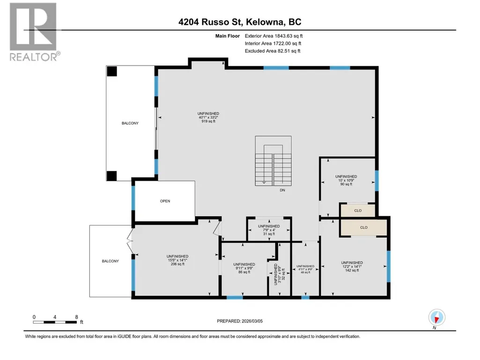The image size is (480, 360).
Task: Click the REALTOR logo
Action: [x=33, y=32]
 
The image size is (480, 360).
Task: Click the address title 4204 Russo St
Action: [x=211, y=22]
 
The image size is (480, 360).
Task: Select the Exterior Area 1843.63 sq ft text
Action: [x=273, y=36]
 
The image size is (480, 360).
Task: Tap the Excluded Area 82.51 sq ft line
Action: [x=273, y=51]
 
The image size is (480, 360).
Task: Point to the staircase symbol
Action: [x=273, y=161]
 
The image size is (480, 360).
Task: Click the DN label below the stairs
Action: [x=282, y=190]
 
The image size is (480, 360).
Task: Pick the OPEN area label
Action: [x=165, y=201]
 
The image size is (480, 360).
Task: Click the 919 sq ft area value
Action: [x=208, y=121]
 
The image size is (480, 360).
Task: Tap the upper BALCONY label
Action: [x=130, y=123]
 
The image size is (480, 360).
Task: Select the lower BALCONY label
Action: [x=110, y=261]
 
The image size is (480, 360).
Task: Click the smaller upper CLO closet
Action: [x=358, y=211]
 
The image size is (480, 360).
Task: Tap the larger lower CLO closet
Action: [x=364, y=228]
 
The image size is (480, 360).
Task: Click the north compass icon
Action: [x=437, y=318]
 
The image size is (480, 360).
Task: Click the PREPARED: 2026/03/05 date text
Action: [x=240, y=321]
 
